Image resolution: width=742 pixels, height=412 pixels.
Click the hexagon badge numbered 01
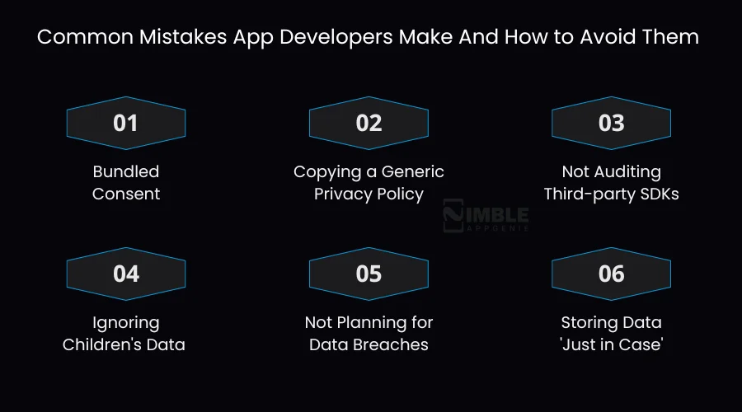tap(125, 124)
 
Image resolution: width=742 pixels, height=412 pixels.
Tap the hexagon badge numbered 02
tap(369, 124)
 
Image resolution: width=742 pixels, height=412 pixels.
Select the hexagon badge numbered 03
tap(611, 124)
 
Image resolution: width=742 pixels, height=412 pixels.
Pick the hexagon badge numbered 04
tap(125, 274)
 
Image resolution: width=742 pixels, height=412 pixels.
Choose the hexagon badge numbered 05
tap(369, 274)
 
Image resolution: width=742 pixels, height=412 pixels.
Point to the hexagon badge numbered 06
tap(611, 274)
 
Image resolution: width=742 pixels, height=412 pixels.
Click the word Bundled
tap(125, 171)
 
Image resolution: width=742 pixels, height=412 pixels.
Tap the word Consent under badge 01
tap(125, 194)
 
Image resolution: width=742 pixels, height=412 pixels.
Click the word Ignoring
tap(125, 322)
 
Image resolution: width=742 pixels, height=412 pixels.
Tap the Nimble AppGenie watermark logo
tap(486, 215)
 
